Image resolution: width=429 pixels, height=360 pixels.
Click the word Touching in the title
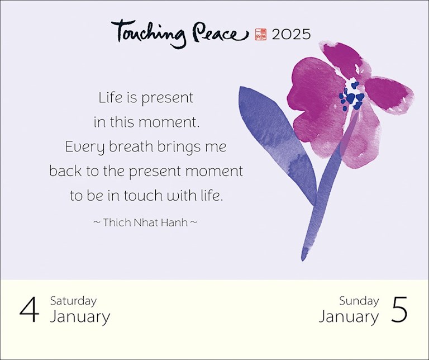point(149,33)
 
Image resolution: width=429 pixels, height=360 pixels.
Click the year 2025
point(291,35)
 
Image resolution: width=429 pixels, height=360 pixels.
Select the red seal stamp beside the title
point(260,35)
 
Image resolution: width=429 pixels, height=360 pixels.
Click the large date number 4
point(29,310)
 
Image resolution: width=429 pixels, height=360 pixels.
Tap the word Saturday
point(73,301)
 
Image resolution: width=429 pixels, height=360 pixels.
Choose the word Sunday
point(359,301)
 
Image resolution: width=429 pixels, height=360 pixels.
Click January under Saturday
point(80,317)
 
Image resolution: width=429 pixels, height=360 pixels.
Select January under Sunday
point(349,317)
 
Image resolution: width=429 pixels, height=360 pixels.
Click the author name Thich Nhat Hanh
point(145,222)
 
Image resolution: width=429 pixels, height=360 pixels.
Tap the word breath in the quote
point(131,146)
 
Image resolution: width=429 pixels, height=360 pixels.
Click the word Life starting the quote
point(110,97)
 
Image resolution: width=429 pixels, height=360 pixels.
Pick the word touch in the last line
point(140,196)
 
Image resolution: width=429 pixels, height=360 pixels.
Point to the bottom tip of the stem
point(303,259)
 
